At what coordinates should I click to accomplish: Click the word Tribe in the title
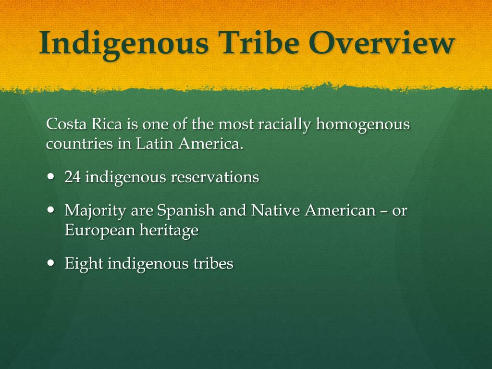[x=258, y=43]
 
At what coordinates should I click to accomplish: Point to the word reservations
[x=215, y=177]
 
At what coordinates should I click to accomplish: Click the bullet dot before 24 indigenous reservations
[x=51, y=176]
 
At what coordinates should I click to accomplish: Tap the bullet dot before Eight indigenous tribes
[x=51, y=263]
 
